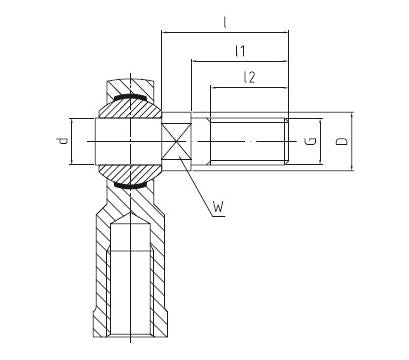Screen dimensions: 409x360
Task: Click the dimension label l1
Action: click(x=240, y=51)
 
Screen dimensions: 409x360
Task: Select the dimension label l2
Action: click(x=249, y=77)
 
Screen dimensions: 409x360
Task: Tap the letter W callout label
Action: click(x=218, y=207)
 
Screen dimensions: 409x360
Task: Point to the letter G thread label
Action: click(x=310, y=141)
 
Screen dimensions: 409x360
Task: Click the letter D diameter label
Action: click(x=341, y=141)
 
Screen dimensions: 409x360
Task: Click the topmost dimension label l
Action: click(x=225, y=23)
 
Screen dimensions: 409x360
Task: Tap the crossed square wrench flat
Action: click(x=176, y=142)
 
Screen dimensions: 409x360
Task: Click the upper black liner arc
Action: click(x=130, y=97)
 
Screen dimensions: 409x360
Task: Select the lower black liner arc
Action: click(x=130, y=186)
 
